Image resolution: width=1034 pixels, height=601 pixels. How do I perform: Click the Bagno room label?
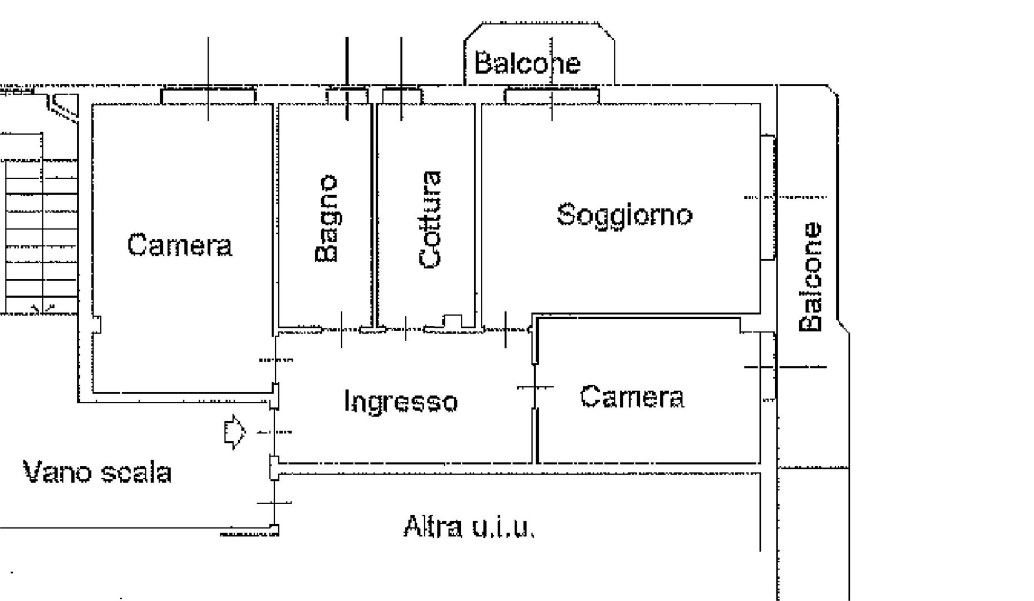pos(326,218)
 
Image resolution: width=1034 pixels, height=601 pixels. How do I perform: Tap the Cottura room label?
pos(430,220)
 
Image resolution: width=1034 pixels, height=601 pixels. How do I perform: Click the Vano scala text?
pos(97,472)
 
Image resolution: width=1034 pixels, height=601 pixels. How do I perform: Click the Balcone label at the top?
pos(527,62)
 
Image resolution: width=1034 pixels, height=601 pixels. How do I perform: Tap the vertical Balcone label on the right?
pos(810,277)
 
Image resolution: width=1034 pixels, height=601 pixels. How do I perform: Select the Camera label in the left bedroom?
pos(179,245)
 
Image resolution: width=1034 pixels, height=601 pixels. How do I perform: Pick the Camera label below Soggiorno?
pos(632,397)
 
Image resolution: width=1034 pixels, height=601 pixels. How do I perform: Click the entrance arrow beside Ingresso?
pos(234,432)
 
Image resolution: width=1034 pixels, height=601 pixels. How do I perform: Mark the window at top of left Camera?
pos(209,95)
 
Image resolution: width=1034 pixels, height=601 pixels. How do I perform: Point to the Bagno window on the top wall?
pos(347,96)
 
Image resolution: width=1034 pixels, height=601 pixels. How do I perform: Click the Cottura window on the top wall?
pos(402,96)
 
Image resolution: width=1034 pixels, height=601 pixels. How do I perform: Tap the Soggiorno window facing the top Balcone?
pos(552,95)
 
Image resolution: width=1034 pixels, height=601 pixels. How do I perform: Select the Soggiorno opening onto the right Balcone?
pos(768,197)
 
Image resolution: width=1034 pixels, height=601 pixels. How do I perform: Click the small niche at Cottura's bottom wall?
pos(452,322)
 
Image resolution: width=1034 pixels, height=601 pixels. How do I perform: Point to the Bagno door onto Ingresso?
pos(341,329)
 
